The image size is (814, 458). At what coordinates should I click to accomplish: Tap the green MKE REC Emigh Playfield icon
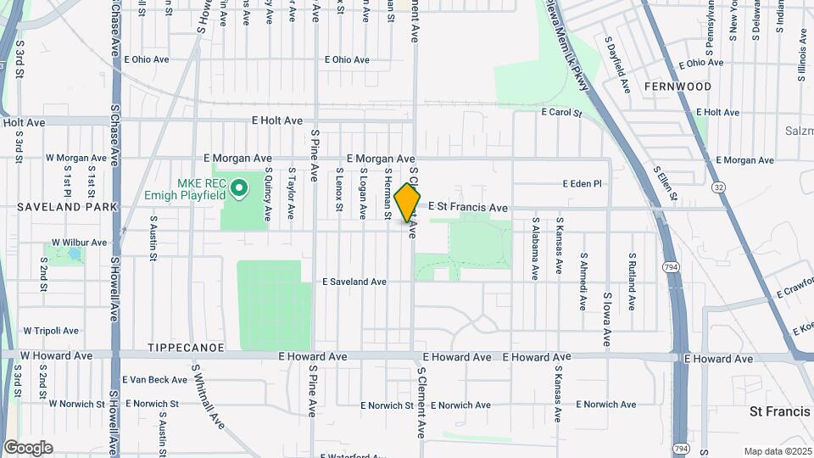239,186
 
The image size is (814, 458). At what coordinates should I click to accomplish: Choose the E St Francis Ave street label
467,207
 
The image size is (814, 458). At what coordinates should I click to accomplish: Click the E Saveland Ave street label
354,282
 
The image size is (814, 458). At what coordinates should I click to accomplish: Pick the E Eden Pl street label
582,183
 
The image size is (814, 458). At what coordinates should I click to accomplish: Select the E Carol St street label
562,112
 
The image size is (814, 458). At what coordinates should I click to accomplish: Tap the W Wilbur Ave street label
80,242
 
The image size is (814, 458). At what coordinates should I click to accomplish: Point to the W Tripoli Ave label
51,331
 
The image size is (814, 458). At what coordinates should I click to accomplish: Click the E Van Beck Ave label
154,380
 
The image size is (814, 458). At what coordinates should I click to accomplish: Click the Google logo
28,447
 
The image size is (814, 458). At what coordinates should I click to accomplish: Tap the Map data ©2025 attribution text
778,451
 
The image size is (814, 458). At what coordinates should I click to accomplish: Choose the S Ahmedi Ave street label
583,281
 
